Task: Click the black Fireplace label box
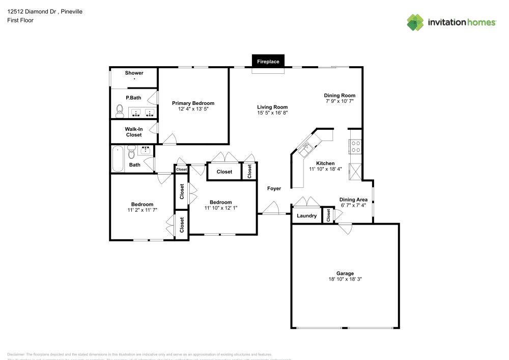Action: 268,62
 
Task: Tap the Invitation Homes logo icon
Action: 415,22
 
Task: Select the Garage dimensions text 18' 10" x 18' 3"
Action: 345,279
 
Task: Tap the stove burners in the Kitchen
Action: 355,147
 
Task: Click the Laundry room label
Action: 306,216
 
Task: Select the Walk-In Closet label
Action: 134,132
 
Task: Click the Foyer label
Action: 274,188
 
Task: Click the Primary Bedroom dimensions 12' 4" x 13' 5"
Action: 193,109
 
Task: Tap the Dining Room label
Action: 340,95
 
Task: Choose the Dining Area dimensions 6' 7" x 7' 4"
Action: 353,205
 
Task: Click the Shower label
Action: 134,73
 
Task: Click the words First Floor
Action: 20,20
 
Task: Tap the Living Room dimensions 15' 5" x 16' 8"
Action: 272,113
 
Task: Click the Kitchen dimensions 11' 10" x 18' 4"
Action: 325,170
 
